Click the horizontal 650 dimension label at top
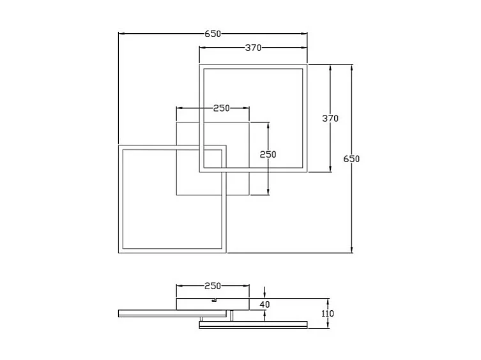(213, 34)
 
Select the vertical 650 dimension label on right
(351, 158)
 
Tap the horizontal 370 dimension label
(254, 48)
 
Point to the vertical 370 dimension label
(330, 118)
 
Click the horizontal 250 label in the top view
(222, 108)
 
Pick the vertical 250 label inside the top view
(268, 154)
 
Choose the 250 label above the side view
(212, 286)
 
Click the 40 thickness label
(265, 304)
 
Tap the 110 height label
(328, 313)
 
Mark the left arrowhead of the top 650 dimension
(121, 34)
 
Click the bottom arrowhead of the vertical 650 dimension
(351, 250)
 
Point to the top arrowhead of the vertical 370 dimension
(330, 66)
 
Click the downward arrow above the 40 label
(265, 294)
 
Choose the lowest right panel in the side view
(253, 325)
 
